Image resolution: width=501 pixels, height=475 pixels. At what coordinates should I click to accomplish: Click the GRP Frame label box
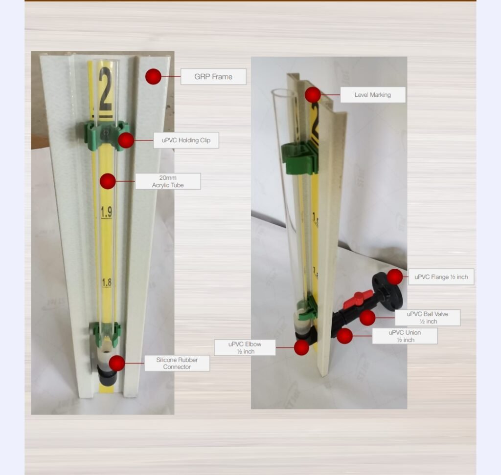213,77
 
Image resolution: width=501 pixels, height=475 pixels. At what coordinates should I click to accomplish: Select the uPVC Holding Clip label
186,140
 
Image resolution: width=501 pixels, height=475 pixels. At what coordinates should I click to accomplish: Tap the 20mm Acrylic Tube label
168,181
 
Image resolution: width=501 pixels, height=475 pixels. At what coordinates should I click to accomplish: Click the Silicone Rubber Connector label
177,363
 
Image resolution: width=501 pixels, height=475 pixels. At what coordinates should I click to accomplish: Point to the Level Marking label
373,95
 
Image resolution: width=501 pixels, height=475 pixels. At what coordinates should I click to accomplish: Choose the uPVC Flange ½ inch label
441,277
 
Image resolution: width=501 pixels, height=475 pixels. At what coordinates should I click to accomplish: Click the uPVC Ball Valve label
428,318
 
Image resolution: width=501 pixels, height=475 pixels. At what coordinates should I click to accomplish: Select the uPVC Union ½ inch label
405,336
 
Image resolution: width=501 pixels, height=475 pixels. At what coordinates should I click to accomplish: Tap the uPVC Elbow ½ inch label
245,347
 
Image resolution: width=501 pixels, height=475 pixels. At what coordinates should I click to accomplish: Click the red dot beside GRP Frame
153,77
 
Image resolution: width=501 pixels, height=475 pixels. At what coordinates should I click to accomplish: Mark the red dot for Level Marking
313,95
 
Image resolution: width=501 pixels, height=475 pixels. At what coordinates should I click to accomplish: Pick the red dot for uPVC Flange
395,277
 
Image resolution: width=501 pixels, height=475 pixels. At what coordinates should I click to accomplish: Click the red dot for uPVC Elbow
301,347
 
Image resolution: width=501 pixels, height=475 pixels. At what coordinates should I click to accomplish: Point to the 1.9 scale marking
106,212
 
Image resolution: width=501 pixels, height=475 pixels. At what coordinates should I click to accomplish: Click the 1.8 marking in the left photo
107,282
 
